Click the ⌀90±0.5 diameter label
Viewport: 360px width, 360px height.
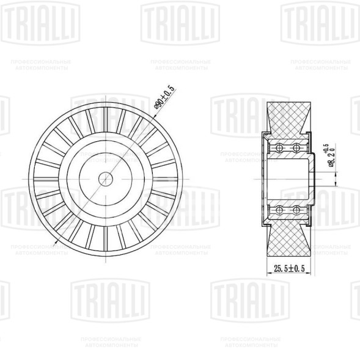tap(165, 98)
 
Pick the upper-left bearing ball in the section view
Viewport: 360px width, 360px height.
tap(279, 149)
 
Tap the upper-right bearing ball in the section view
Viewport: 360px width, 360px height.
tap(296, 149)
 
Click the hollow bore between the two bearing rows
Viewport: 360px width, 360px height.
tap(287, 179)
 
